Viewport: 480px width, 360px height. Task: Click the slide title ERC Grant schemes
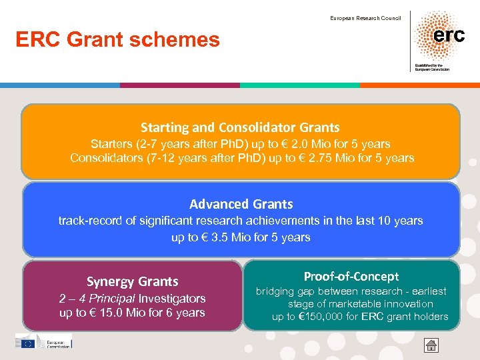118,40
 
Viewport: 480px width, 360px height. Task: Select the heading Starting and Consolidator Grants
240,127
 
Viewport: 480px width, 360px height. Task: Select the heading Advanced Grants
241,204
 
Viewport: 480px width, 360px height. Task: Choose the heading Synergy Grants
132,282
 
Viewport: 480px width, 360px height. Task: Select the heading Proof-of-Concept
351,277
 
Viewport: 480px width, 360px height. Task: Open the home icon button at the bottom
431,345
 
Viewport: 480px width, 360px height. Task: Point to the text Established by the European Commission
431,67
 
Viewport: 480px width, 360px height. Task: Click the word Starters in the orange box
113,144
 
